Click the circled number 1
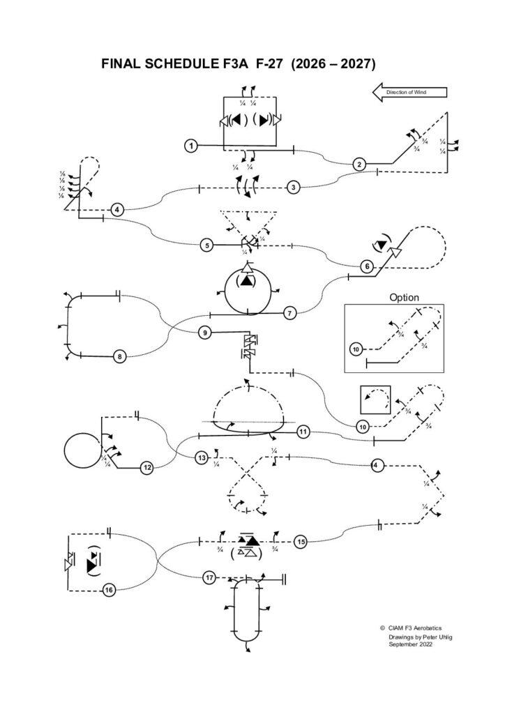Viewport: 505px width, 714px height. pos(190,146)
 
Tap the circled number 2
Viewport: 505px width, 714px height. pos(359,165)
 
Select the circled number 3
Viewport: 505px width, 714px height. pos(294,187)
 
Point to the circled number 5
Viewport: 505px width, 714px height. pos(206,245)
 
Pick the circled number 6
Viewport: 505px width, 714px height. pos(367,266)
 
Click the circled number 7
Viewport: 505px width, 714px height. pos(291,313)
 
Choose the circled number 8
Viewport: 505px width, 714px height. pos(120,357)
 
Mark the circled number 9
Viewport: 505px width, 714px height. pos(204,333)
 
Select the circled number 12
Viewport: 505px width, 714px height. pos(147,468)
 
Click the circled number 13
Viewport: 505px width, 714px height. pos(202,458)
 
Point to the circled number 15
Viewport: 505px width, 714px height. pos(301,541)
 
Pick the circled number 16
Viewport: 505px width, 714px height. pos(109,591)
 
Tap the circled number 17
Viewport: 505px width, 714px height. pos(209,577)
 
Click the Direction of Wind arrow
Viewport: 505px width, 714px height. pos(409,92)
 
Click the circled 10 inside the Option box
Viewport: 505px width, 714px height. pos(356,347)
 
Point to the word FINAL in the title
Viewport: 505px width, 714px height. pos(123,64)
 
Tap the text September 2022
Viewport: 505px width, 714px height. pos(411,646)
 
